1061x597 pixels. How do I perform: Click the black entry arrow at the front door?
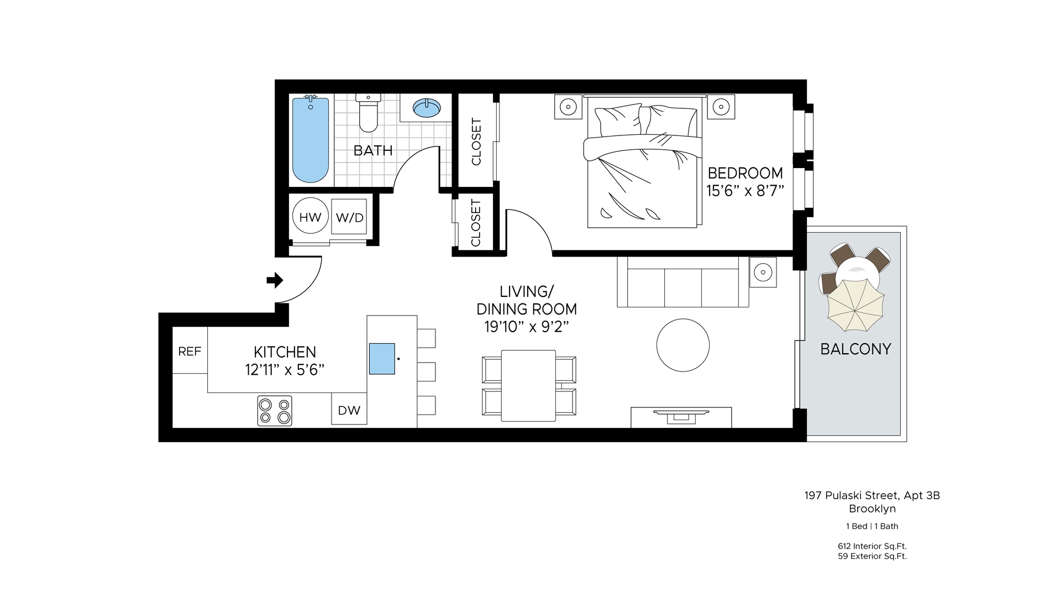(x=275, y=280)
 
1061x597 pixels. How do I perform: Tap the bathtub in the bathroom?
(x=311, y=139)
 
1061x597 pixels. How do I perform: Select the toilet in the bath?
(x=369, y=113)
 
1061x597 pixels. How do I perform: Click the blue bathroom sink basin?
(x=427, y=108)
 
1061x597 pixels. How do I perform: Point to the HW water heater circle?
(x=310, y=217)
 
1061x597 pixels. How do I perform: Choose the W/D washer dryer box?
(x=349, y=217)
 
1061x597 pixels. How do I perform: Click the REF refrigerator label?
(x=190, y=351)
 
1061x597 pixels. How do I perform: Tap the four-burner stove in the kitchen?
(x=275, y=411)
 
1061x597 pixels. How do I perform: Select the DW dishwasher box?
(x=349, y=409)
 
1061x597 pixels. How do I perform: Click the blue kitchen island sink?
(x=382, y=359)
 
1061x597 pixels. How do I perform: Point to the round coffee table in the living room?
(x=683, y=345)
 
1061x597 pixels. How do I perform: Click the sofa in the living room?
(x=683, y=282)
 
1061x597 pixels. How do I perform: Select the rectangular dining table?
(x=528, y=385)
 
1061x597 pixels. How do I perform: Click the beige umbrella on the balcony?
(x=855, y=305)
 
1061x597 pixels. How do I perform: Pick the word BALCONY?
(x=855, y=349)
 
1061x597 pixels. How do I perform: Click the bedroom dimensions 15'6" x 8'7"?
(x=745, y=191)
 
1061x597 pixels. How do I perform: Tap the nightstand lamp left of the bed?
(x=569, y=106)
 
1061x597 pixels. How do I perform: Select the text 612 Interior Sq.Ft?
(x=872, y=546)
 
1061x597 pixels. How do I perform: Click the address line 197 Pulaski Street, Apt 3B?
(x=872, y=496)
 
